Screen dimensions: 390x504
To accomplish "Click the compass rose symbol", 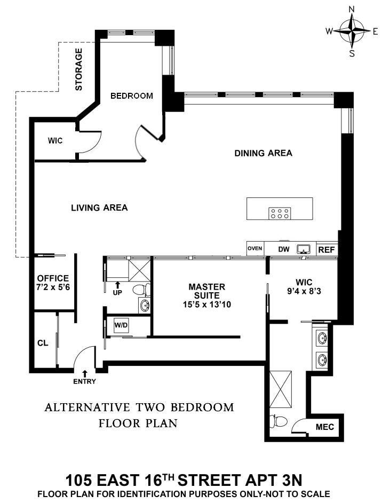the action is (x=352, y=31).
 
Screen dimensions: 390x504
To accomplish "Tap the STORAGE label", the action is (x=79, y=69).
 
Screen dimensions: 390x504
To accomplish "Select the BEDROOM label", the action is (x=131, y=96).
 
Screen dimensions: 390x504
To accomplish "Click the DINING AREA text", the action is (x=263, y=153).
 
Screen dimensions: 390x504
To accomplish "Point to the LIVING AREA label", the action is (x=99, y=207).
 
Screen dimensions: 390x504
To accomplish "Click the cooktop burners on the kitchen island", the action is (x=280, y=213).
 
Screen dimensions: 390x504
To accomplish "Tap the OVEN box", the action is (x=254, y=249).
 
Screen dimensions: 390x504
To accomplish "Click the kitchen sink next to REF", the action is (x=305, y=249).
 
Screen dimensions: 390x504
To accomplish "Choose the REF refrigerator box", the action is (x=325, y=249).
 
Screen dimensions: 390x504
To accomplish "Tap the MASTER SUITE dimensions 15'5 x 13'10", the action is (x=207, y=305).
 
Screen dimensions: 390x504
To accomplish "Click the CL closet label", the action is (x=43, y=343).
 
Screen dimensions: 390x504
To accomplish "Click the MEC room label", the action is (x=324, y=427).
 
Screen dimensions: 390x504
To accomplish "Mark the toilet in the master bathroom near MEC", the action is (x=276, y=421).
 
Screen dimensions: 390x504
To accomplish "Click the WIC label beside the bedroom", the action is (x=55, y=141).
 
